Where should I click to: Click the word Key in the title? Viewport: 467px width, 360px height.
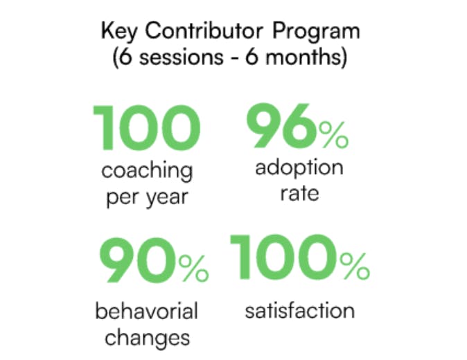pyautogui.click(x=119, y=31)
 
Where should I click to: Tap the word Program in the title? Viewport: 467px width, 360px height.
pyautogui.click(x=316, y=32)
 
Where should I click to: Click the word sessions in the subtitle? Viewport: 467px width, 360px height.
pyautogui.click(x=182, y=57)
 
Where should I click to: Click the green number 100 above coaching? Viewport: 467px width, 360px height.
pyautogui.click(x=146, y=127)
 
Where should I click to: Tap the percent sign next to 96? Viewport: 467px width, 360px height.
pyautogui.click(x=333, y=135)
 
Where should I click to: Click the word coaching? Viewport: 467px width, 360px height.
pyautogui.click(x=147, y=172)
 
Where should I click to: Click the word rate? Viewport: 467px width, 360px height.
pyautogui.click(x=299, y=194)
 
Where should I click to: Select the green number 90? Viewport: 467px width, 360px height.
pyautogui.click(x=138, y=260)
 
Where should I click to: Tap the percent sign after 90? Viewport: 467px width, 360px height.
pyautogui.click(x=193, y=268)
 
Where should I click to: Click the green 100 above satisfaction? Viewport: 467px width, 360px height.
pyautogui.click(x=284, y=257)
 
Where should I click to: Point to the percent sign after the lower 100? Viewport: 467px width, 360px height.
pyautogui.click(x=355, y=267)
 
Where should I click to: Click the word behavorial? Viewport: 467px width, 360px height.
pyautogui.click(x=146, y=312)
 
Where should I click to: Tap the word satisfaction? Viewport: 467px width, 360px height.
pyautogui.click(x=300, y=311)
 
